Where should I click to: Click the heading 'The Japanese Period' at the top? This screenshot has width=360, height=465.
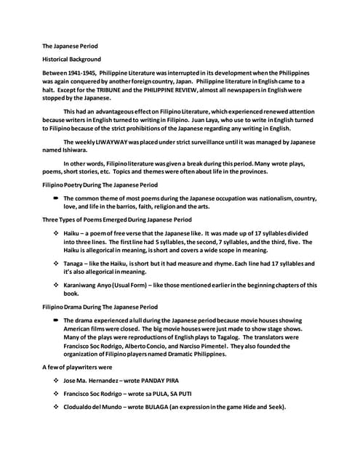67,45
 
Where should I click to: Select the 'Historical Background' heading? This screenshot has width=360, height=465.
71,59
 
